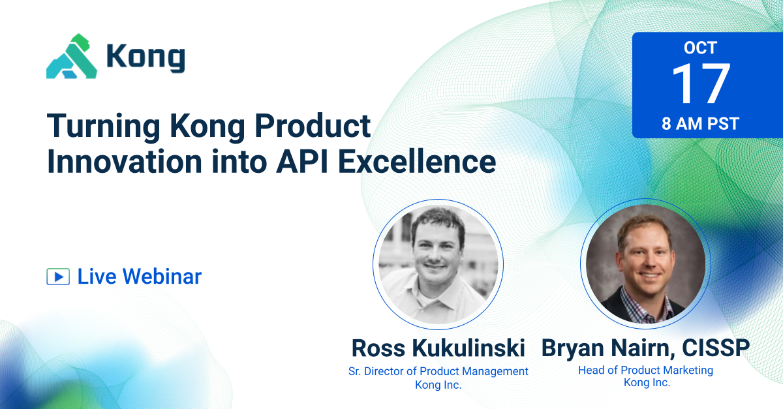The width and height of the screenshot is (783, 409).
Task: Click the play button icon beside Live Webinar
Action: pyautogui.click(x=58, y=277)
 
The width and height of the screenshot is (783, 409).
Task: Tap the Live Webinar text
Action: pyautogui.click(x=140, y=277)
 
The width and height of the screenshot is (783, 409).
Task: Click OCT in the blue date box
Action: pyautogui.click(x=700, y=48)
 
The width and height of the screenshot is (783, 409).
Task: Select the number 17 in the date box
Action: pyautogui.click(x=700, y=84)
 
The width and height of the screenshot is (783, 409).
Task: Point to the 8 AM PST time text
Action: pyautogui.click(x=700, y=124)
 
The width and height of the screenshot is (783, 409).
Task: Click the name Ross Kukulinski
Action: pyautogui.click(x=438, y=348)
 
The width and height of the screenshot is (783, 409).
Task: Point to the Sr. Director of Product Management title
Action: pyautogui.click(x=438, y=371)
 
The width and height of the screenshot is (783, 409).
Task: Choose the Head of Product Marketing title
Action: pyautogui.click(x=645, y=371)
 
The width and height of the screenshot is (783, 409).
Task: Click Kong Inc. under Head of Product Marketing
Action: pyautogui.click(x=645, y=383)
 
